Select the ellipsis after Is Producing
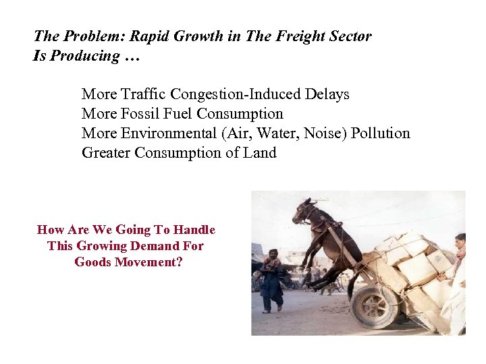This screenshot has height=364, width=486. click(132, 57)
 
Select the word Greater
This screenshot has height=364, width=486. click(106, 153)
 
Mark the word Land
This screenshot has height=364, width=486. click(259, 153)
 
